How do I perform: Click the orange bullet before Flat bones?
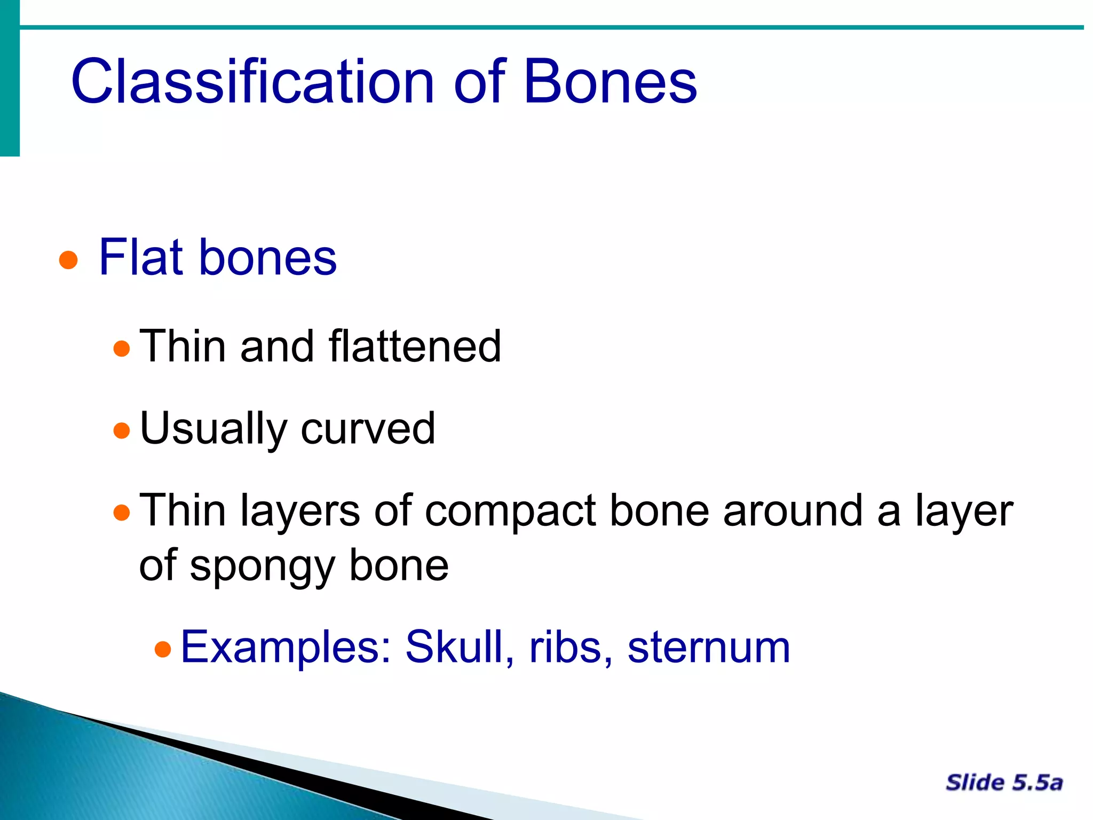[x=68, y=261]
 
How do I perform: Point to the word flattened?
[x=415, y=346]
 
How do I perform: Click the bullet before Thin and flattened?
[x=122, y=349]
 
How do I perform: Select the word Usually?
[x=213, y=429]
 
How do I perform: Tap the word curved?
[x=368, y=429]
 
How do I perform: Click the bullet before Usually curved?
[x=122, y=431]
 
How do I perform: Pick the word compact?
[x=510, y=511]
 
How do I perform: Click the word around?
[x=793, y=511]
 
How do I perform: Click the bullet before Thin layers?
[x=122, y=513]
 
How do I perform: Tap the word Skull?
[x=460, y=647]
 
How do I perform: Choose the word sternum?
[x=708, y=647]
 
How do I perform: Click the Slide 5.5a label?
[x=1004, y=783]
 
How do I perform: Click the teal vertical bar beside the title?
[x=10, y=80]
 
